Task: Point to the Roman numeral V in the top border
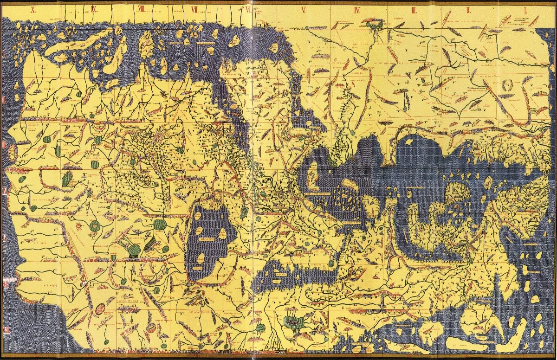click(304, 9)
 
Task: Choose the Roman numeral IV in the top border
click(357, 9)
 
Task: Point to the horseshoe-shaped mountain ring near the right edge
click(508, 85)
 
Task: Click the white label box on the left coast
click(9, 279)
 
